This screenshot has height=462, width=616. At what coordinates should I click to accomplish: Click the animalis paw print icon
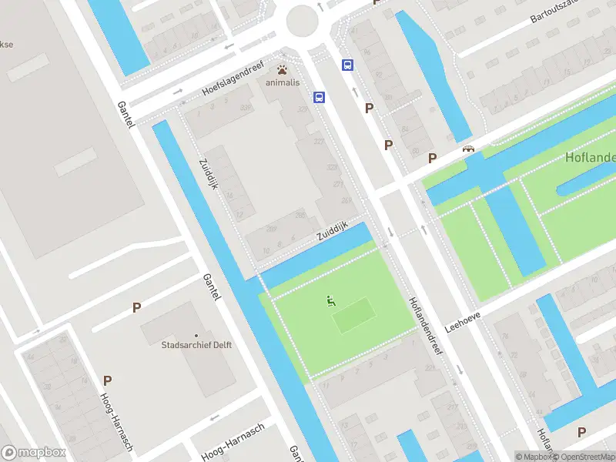tap(283, 69)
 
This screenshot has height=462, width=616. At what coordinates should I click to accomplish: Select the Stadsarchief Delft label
tap(196, 345)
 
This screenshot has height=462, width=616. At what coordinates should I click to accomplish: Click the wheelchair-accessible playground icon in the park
tap(331, 301)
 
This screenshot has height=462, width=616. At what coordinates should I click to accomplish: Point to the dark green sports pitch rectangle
tap(354, 316)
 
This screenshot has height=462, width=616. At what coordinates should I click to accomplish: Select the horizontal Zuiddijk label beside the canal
tap(333, 231)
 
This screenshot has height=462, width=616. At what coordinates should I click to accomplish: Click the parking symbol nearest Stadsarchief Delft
tap(136, 307)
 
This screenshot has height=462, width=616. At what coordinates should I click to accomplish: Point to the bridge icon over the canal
tap(467, 150)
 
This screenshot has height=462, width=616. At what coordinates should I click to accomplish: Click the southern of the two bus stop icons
tap(319, 97)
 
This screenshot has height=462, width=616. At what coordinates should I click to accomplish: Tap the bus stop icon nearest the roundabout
tap(347, 65)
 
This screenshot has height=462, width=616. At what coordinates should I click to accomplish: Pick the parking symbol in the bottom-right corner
tap(581, 433)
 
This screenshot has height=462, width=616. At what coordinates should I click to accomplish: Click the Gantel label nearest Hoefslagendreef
tap(126, 115)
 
